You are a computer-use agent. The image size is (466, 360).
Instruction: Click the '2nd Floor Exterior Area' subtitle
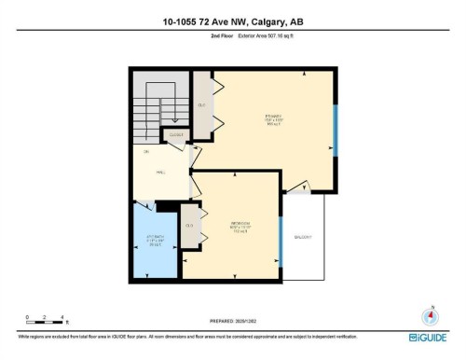232,38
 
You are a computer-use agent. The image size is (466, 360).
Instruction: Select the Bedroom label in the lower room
241,227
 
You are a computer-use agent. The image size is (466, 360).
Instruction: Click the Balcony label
304,239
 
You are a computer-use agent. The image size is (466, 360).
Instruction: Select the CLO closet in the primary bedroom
201,104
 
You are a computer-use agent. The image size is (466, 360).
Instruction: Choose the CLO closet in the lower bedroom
190,227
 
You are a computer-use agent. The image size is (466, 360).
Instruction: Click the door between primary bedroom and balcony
300,184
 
